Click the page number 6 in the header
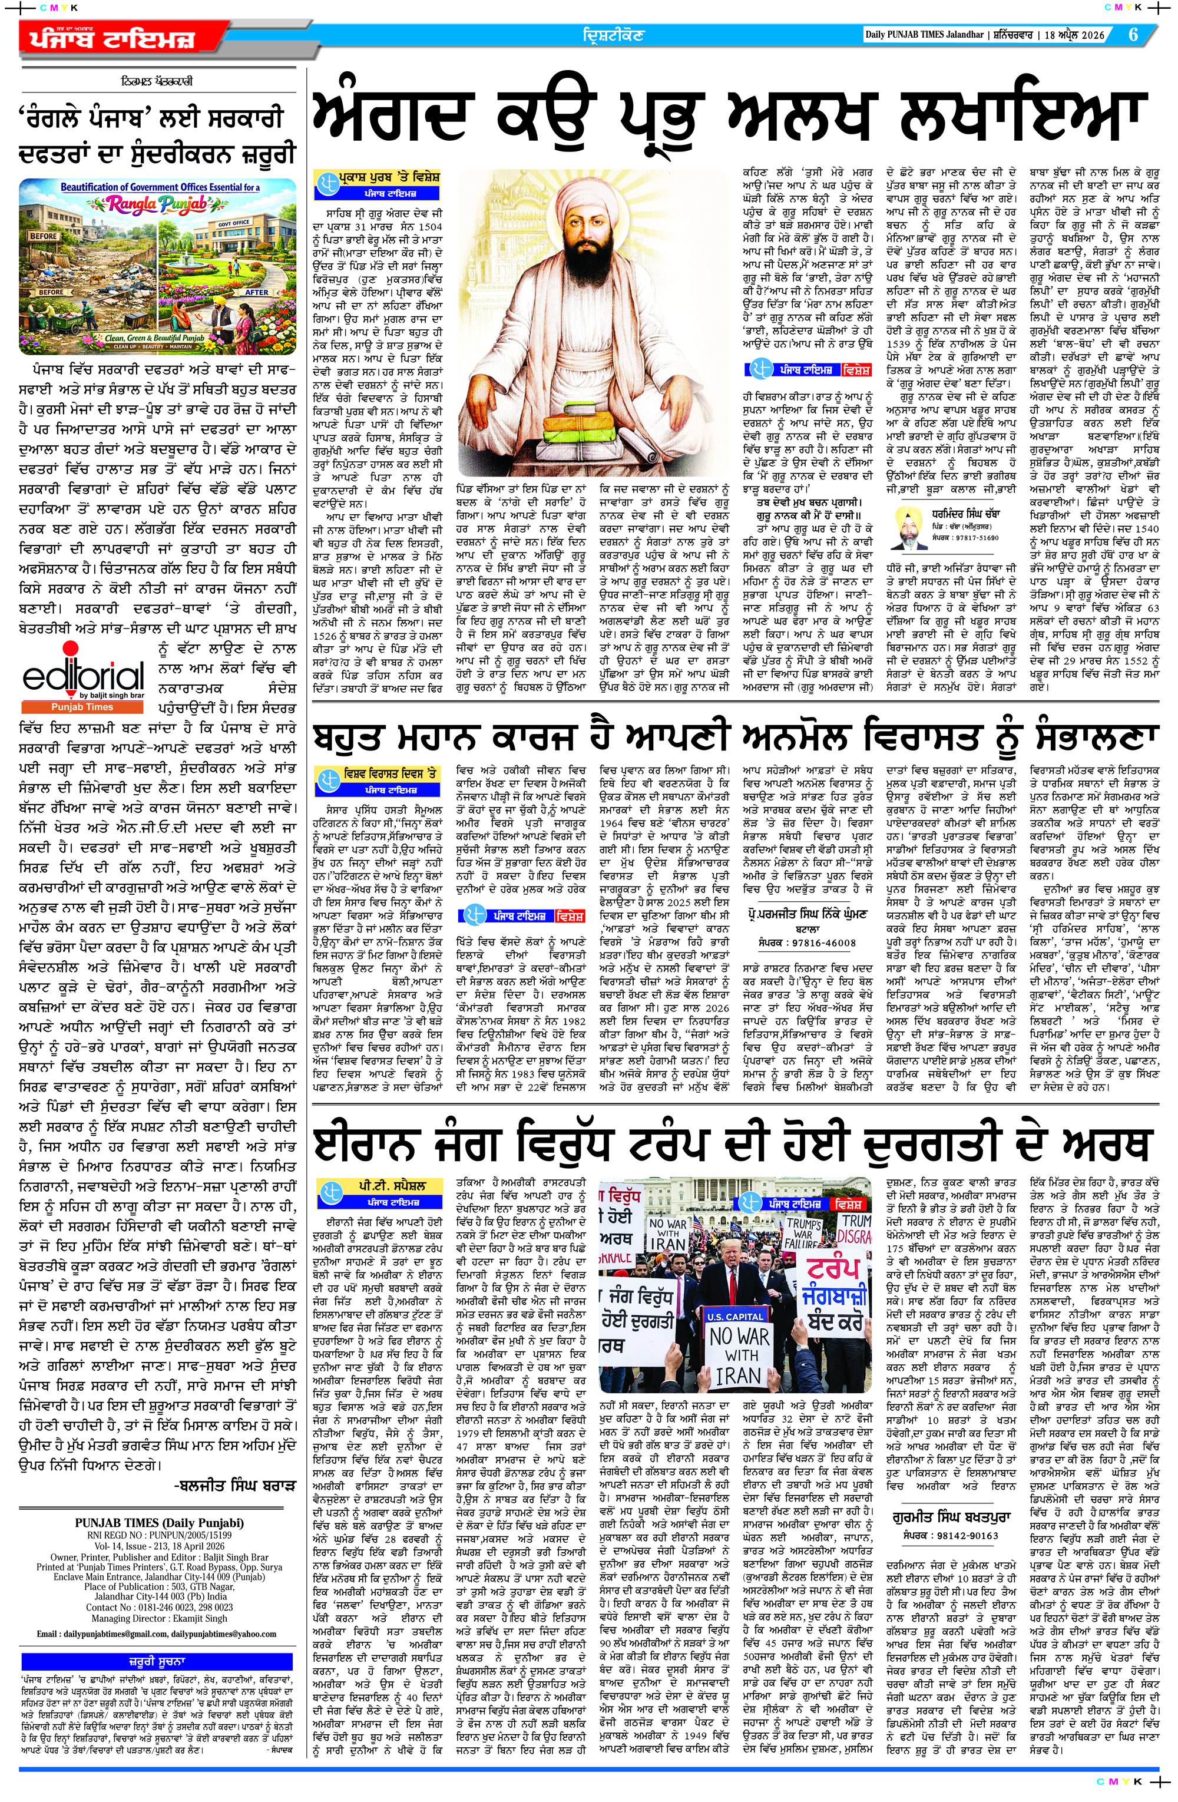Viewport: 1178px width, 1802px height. [x=1133, y=35]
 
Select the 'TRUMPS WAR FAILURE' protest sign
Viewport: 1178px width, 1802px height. [x=803, y=1232]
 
